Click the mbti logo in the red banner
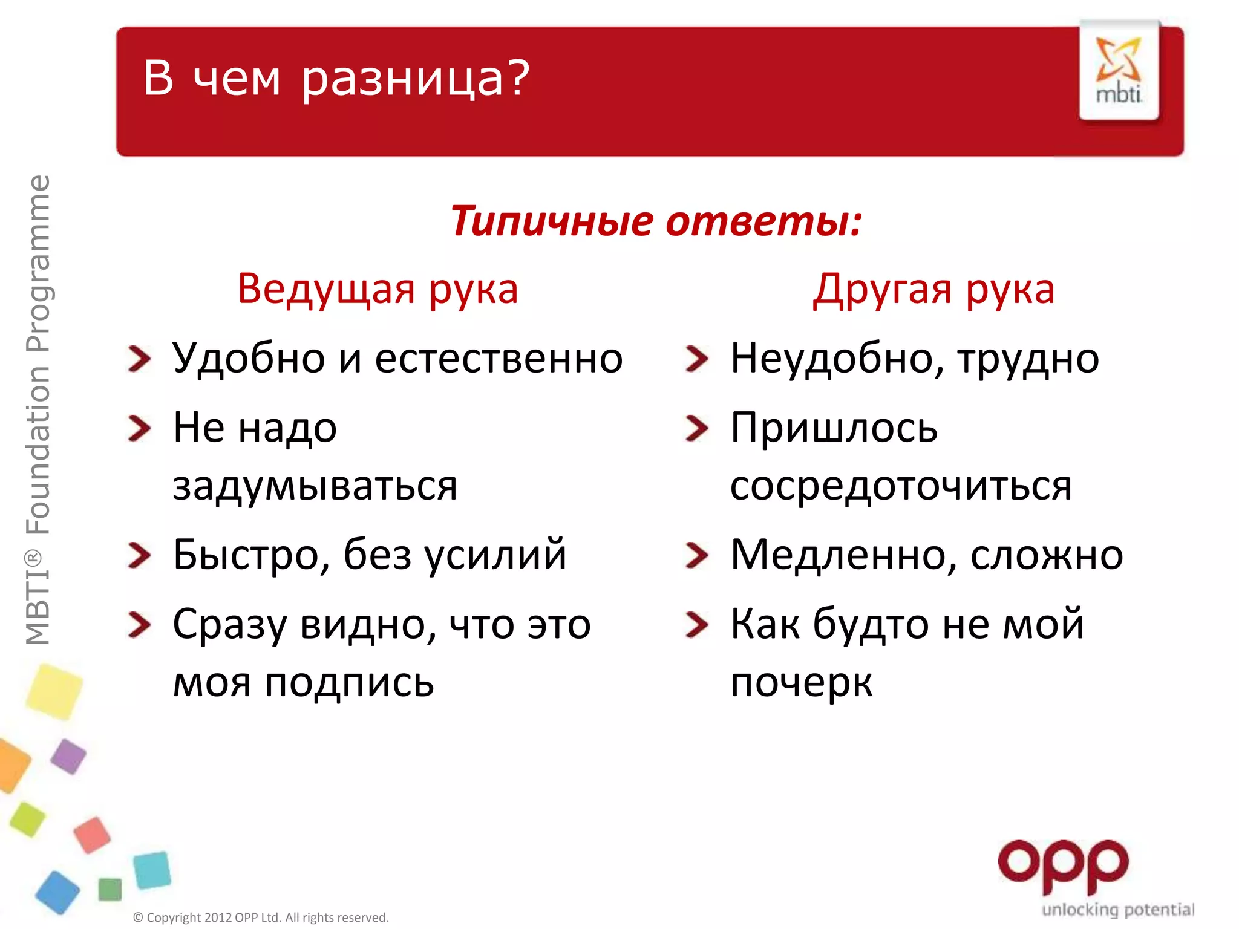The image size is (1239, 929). pyautogui.click(x=1119, y=71)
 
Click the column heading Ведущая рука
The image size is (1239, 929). pyautogui.click(x=378, y=289)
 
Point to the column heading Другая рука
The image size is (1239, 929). pyautogui.click(x=933, y=289)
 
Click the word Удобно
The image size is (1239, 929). pyautogui.click(x=249, y=358)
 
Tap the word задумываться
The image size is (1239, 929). pyautogui.click(x=315, y=486)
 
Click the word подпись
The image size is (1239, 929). pyautogui.click(x=349, y=683)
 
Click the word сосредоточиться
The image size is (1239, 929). pyautogui.click(x=900, y=486)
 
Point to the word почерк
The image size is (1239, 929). pyautogui.click(x=801, y=683)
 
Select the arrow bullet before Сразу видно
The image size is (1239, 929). pyautogui.click(x=139, y=625)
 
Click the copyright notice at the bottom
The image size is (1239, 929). pyautogui.click(x=261, y=918)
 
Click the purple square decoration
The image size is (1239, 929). pyautogui.click(x=68, y=756)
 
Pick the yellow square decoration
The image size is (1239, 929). pyautogui.click(x=54, y=691)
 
